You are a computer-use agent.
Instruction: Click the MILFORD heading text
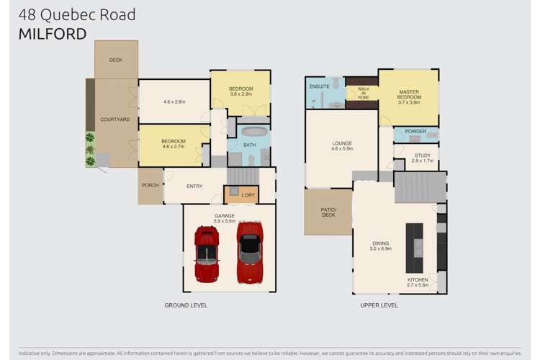[52, 33]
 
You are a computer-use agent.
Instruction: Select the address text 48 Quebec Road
[77, 14]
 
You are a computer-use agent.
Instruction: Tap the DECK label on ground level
[116, 60]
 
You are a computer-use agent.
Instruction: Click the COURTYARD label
[114, 120]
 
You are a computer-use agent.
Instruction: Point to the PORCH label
[150, 186]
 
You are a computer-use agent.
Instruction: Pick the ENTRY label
[194, 186]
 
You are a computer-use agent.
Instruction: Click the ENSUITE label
[319, 86]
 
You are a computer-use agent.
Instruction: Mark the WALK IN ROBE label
[363, 93]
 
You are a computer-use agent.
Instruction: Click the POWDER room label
[415, 132]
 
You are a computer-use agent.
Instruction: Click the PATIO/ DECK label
[328, 212]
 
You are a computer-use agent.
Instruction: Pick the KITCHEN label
[418, 279]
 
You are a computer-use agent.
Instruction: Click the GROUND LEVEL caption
[186, 305]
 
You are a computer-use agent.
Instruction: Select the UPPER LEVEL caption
[379, 305]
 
